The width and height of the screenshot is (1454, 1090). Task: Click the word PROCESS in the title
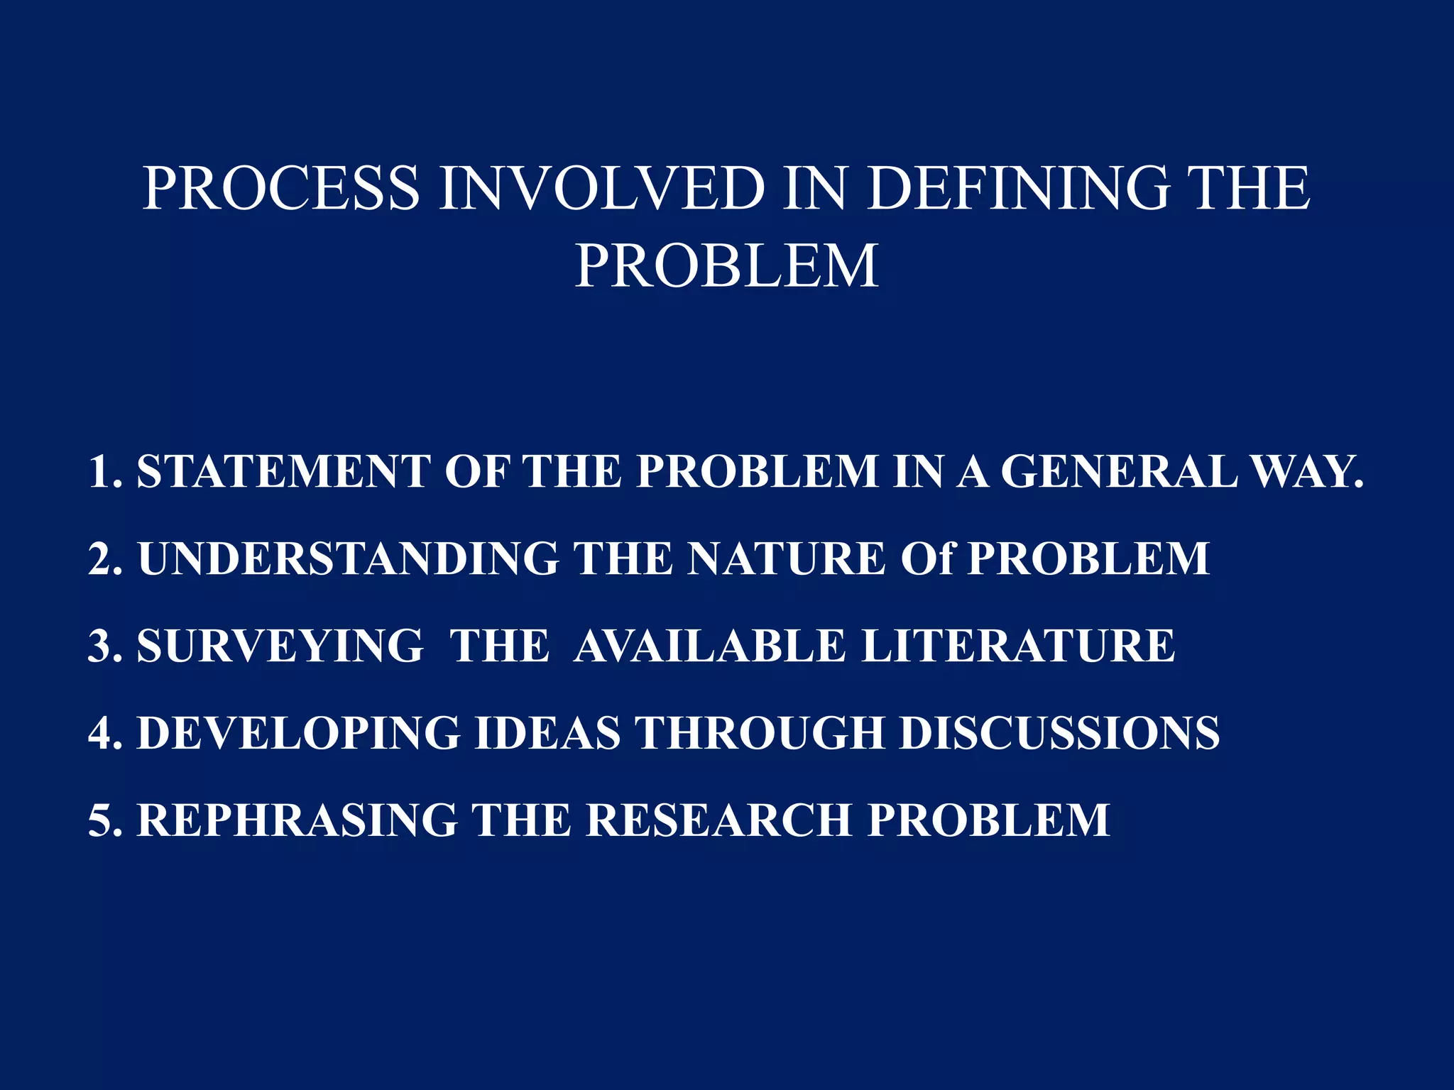281,187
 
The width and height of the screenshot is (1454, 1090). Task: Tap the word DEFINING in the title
1018,187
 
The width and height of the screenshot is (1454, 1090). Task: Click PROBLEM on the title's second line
726,266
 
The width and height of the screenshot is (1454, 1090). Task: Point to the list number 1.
102,471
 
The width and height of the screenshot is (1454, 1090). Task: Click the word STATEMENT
283,471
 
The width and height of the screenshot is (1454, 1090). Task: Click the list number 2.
102,558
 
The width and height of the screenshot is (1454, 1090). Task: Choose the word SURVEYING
280,646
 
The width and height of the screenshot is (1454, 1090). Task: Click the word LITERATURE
1018,646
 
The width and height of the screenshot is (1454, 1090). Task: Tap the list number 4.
102,732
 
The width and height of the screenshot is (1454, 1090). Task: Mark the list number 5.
102,820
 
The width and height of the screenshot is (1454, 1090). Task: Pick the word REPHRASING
297,820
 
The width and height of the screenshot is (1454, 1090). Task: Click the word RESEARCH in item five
718,820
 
